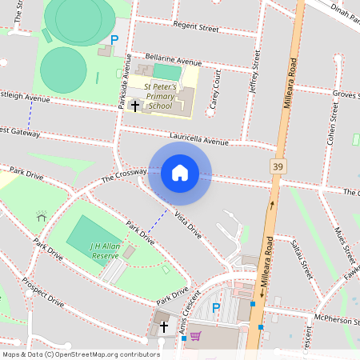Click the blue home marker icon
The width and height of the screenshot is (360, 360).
tap(180, 173)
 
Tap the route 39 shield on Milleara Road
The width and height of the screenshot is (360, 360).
tap(278, 166)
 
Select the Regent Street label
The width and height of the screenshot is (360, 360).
tap(196, 27)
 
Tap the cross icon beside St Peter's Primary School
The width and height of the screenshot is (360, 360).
tap(135, 106)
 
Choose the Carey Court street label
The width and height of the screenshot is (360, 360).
tap(214, 88)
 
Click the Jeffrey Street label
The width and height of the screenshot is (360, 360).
tap(254, 73)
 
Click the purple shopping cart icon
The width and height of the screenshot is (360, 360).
tap(195, 336)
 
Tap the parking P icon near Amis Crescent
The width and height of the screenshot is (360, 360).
tap(215, 308)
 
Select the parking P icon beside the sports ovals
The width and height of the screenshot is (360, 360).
tap(114, 39)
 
